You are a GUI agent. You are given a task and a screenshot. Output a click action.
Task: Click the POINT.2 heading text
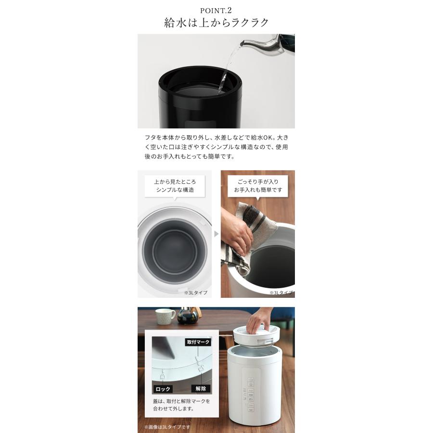(216, 9)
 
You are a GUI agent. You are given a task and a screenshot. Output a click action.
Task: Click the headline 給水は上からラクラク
(216, 23)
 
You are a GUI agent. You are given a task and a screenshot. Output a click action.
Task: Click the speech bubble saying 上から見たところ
(175, 186)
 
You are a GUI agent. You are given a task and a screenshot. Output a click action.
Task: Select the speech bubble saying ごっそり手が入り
(258, 186)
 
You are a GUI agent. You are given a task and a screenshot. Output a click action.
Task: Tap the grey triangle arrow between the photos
(216, 234)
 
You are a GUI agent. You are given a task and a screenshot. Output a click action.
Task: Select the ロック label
(163, 389)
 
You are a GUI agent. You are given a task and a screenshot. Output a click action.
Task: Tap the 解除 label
(201, 389)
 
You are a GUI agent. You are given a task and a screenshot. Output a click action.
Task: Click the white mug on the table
(165, 316)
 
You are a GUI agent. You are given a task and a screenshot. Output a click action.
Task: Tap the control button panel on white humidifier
(251, 395)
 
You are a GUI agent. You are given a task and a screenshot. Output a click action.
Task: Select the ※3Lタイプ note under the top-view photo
(195, 292)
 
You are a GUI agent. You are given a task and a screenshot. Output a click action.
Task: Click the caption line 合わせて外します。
(173, 409)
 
